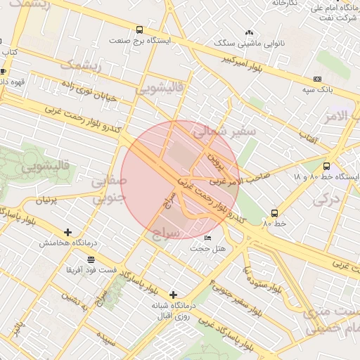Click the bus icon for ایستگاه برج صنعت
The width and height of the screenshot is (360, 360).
coord(139,30)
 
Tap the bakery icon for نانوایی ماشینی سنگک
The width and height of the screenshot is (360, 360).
coord(249,32)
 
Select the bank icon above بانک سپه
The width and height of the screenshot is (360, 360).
coord(317,79)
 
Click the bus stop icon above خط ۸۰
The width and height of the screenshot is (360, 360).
coord(274,212)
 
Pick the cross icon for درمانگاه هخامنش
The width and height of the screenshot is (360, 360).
coord(67,232)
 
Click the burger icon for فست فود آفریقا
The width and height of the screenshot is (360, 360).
coord(91,259)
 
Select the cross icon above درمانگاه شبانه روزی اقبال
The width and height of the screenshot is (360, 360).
coord(173,295)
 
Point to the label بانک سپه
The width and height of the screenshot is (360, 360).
coord(317,90)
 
